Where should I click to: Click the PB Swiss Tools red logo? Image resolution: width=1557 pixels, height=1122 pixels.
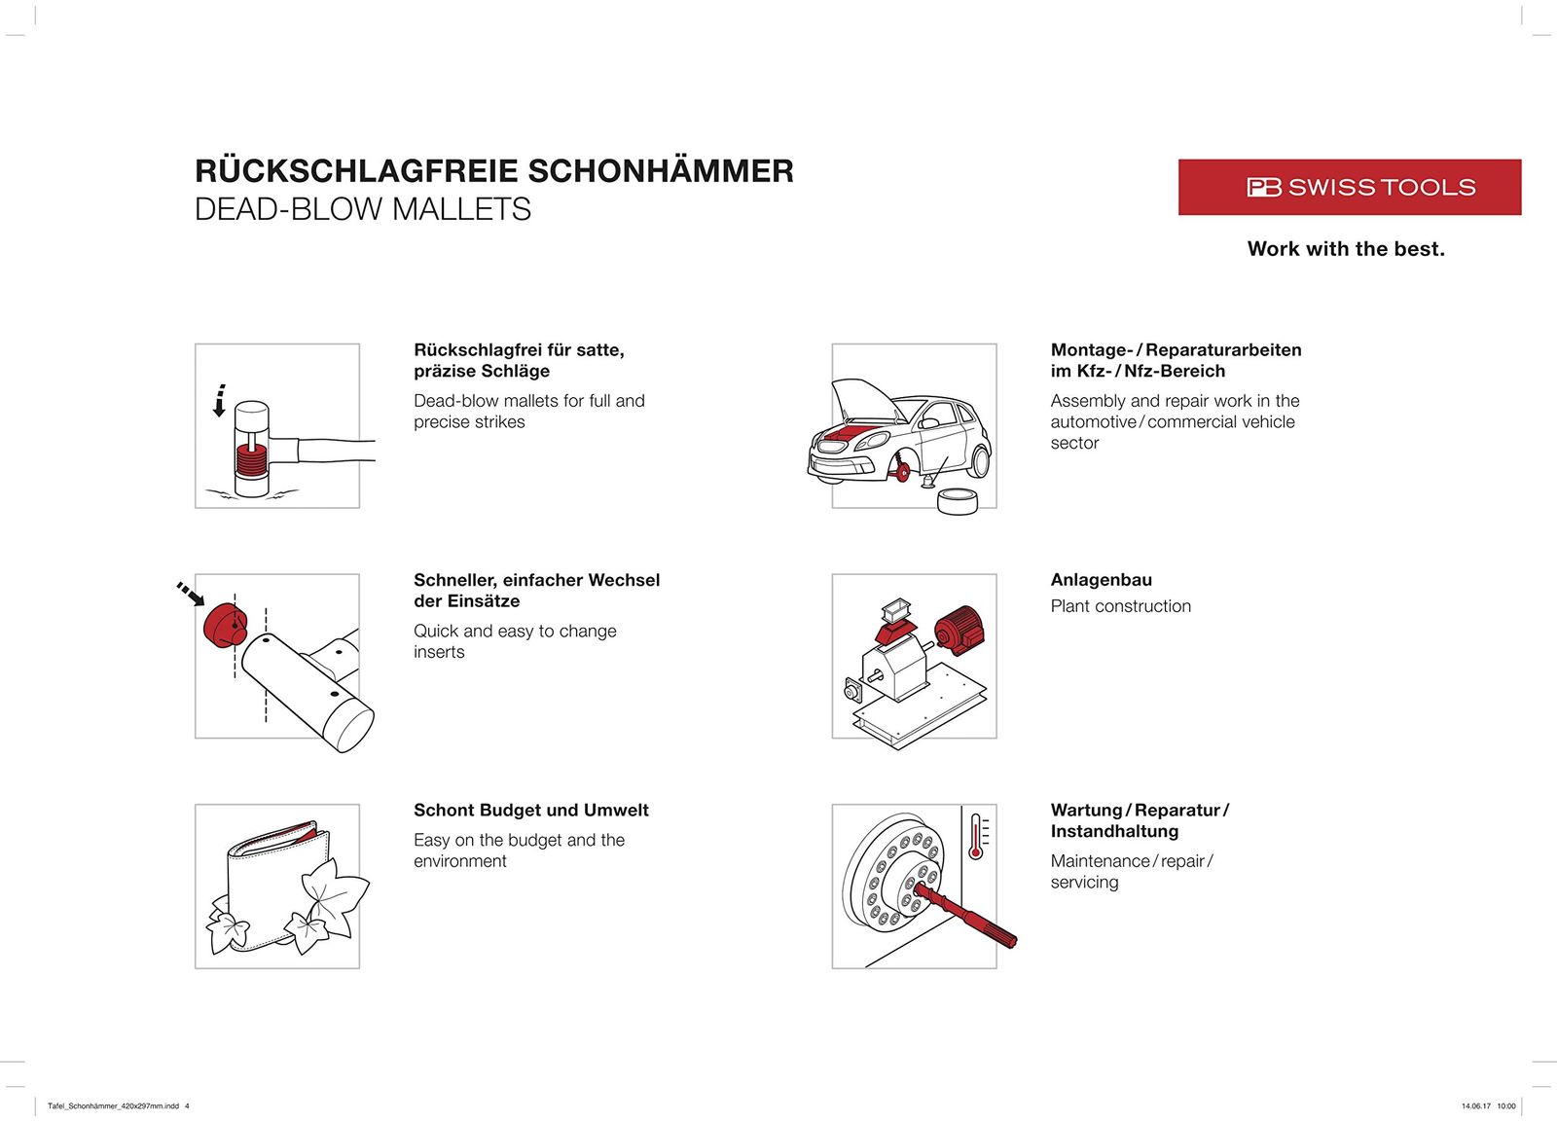pyautogui.click(x=1349, y=187)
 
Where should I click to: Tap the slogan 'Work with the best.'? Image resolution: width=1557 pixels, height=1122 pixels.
pyautogui.click(x=1346, y=249)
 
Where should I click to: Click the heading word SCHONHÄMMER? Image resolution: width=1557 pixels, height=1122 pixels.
pyautogui.click(x=661, y=171)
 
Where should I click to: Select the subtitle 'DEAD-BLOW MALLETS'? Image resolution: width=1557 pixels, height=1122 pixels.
pyautogui.click(x=362, y=209)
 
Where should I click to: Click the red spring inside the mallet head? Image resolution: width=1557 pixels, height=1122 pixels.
pyautogui.click(x=250, y=459)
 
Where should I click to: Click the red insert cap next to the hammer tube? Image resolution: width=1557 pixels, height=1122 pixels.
pyautogui.click(x=225, y=624)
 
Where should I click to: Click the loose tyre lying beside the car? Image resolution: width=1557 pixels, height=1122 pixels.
pyautogui.click(x=960, y=500)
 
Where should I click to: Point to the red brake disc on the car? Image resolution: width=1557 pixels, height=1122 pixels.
pyautogui.click(x=902, y=472)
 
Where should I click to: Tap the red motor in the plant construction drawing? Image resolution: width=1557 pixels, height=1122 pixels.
pyautogui.click(x=959, y=628)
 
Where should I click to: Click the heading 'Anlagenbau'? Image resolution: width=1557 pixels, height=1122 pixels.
pyautogui.click(x=1101, y=580)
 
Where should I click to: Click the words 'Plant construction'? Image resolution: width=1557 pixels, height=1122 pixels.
pyautogui.click(x=1120, y=606)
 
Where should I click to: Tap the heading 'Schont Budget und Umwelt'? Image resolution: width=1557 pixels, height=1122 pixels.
pyautogui.click(x=530, y=811)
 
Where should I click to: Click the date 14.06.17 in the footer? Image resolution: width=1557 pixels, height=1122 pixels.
pyautogui.click(x=1475, y=1105)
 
